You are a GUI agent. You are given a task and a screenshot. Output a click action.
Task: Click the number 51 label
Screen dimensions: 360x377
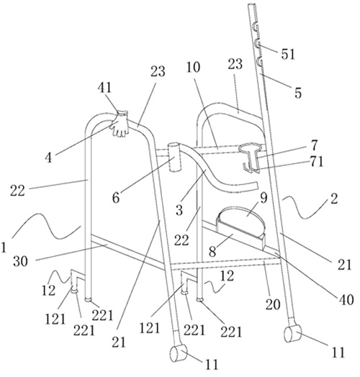coord(288,55)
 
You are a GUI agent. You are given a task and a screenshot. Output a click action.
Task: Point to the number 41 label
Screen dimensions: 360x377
coord(104,88)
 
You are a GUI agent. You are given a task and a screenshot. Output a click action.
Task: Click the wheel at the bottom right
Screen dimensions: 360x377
coord(292,334)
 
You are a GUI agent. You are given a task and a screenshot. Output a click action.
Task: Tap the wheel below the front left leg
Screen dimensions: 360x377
coord(179,353)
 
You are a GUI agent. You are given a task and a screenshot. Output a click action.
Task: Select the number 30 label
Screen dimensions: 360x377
coord(20,261)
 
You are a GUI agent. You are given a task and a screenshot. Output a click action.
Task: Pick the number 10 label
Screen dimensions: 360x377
coord(193,68)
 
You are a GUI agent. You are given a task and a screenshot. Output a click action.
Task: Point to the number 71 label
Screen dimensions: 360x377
coord(317,162)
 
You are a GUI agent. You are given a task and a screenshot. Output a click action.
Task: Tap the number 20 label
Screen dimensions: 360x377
coord(273,304)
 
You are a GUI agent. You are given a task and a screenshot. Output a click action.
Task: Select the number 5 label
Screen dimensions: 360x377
coord(298,93)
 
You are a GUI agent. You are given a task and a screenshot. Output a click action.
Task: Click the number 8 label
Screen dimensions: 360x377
coord(212,252)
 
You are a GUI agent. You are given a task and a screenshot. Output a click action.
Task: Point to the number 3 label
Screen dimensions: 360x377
coord(179,210)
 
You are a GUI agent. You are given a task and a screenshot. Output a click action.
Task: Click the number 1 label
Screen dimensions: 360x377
coord(4,247)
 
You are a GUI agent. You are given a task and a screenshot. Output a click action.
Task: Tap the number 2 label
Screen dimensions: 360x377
coord(334,199)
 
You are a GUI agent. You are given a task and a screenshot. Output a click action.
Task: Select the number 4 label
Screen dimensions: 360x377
coord(48,158)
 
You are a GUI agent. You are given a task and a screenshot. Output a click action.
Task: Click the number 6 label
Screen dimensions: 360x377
coord(116,198)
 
